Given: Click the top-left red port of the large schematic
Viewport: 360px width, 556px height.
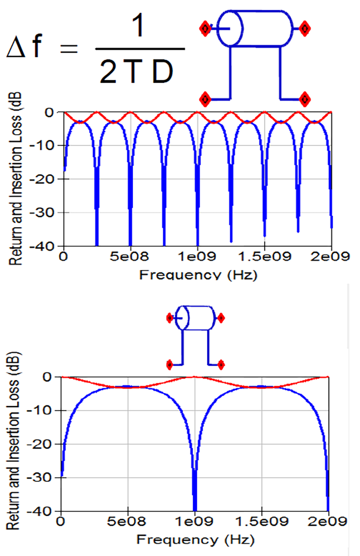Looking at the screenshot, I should pyautogui.click(x=205, y=29).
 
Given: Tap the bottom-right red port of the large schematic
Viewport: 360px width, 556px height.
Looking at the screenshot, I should pyautogui.click(x=305, y=99).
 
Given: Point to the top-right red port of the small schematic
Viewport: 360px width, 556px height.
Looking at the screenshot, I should pyautogui.click(x=220, y=318).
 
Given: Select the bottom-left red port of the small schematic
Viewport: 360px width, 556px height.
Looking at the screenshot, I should pyautogui.click(x=170, y=365).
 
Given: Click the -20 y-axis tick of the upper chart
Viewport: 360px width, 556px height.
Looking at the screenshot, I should pyautogui.click(x=46, y=179).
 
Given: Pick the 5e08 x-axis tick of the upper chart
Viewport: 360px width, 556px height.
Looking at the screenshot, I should pyautogui.click(x=130, y=256).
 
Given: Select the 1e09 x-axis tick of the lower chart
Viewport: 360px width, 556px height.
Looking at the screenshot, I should pyautogui.click(x=195, y=522).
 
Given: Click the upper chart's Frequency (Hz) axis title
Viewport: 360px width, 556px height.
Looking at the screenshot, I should pyautogui.click(x=198, y=275).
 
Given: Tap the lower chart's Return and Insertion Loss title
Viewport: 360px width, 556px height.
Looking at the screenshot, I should pyautogui.click(x=14, y=440).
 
